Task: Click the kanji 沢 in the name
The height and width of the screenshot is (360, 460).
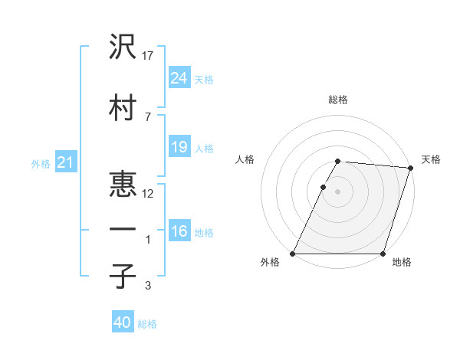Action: click(123, 47)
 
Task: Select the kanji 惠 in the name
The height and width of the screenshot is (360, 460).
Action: click(123, 185)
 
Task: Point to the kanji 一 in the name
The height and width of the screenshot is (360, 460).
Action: click(123, 231)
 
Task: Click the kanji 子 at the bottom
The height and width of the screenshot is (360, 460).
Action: click(123, 276)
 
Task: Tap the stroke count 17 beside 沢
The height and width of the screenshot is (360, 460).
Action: click(149, 56)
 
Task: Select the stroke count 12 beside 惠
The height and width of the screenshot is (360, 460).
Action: click(149, 194)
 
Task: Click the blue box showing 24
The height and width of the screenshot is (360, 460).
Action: click(179, 78)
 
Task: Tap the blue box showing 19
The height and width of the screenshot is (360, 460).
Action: click(179, 147)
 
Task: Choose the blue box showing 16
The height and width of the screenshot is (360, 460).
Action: click(179, 231)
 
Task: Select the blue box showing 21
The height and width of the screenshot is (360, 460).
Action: click(65, 163)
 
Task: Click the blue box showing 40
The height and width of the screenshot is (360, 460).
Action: click(123, 322)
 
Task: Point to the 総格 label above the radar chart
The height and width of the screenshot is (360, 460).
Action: click(338, 100)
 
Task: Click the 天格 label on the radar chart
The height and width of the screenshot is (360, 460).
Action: click(431, 159)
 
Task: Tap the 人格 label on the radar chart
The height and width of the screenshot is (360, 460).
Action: click(245, 159)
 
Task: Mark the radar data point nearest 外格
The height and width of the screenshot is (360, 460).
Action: click(293, 254)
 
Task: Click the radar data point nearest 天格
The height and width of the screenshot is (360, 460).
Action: click(410, 168)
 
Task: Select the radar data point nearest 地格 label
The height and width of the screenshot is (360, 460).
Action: click(383, 254)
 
